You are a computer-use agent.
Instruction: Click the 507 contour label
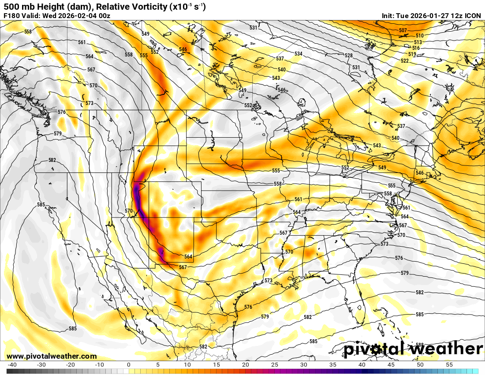(403, 30)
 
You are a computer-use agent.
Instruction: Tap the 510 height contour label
(419, 36)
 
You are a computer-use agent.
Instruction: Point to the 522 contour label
(405, 61)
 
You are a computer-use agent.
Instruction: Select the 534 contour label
(298, 54)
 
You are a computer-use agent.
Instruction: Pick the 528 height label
(349, 56)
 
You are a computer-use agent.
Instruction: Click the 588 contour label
(420, 345)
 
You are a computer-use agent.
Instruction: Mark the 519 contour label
(412, 54)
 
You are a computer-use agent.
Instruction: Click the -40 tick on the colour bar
(12, 365)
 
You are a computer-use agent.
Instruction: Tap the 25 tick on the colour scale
(274, 365)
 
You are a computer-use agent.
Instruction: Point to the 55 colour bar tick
(449, 365)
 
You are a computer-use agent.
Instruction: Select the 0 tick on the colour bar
(129, 365)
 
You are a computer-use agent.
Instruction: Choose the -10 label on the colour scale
(100, 365)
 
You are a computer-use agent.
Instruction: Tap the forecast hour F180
(11, 16)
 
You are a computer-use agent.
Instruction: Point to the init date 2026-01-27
(434, 16)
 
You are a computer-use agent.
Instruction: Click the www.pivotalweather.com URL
(52, 356)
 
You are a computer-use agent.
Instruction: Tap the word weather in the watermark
(446, 349)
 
